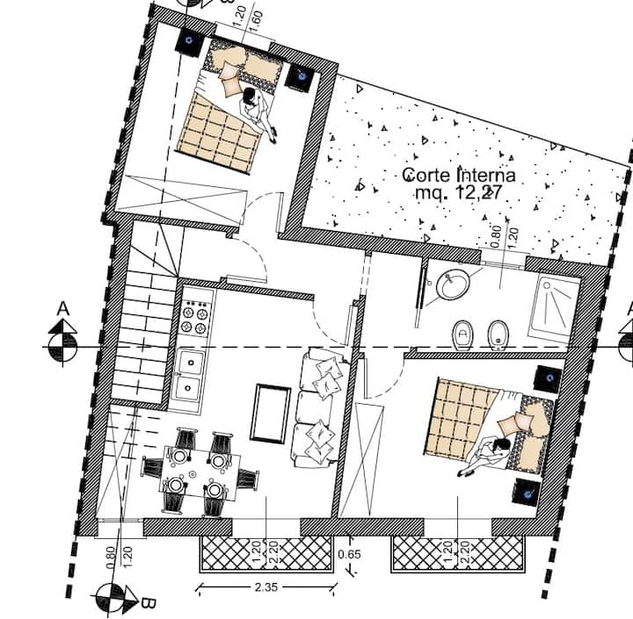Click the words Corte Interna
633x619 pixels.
point(459,176)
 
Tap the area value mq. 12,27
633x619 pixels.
point(458,193)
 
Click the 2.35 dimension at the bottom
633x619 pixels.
point(266,587)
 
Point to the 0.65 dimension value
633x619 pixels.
point(349,554)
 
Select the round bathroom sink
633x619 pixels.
point(454,284)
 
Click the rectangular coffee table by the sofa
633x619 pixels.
point(271,414)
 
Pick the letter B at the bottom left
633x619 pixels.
point(148,604)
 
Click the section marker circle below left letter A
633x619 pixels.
point(62,347)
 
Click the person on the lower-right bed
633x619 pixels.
point(484,456)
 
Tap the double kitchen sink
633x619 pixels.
point(188,377)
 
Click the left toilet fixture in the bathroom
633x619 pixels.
point(462,335)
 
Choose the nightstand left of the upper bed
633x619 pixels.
point(188,41)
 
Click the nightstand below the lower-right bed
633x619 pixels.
point(527,491)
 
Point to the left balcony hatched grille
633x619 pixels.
point(266,554)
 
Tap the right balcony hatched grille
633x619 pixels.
point(458,554)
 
